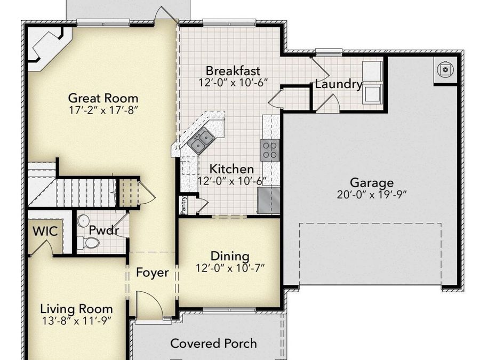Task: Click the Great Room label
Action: coord(103,98)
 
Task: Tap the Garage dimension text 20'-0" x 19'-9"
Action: coord(372,195)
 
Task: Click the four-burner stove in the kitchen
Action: coord(270,149)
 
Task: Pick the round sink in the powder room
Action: coord(83,220)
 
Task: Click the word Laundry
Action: coord(339,84)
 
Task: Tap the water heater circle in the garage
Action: coord(445,69)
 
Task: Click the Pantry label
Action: coord(183,206)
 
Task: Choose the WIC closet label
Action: coord(45,231)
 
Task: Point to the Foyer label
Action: coord(152,273)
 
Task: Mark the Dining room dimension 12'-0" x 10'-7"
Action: coord(230,268)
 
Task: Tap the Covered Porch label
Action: coord(213,343)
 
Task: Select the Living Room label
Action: coord(77,309)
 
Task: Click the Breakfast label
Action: coord(233,70)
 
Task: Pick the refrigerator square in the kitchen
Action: coord(269,199)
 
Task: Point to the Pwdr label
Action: coord(103,231)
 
